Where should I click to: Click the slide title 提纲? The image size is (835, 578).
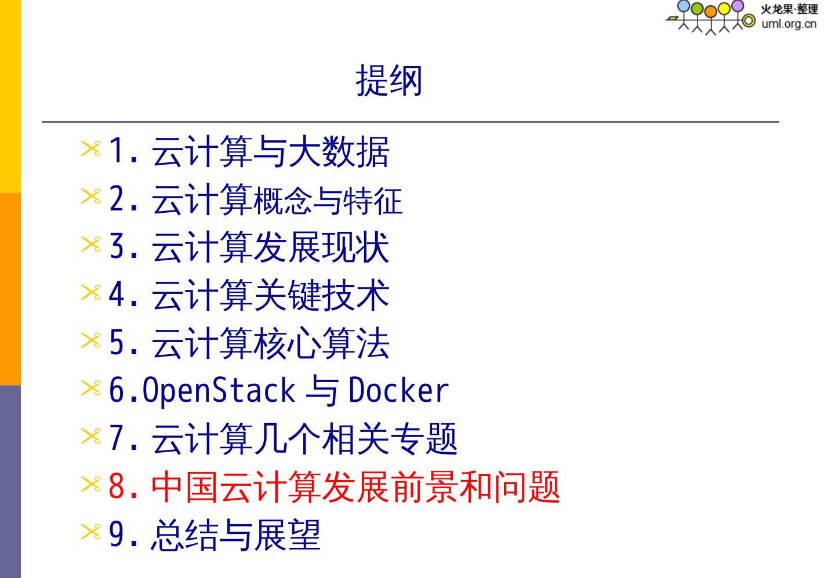[x=389, y=81]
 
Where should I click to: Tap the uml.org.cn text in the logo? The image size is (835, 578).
[x=789, y=24]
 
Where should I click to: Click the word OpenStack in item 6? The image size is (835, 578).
[x=219, y=390]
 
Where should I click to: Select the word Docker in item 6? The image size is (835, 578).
[x=398, y=390]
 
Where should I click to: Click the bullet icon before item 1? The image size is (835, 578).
[x=90, y=150]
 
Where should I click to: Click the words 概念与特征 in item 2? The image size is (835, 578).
[x=328, y=201]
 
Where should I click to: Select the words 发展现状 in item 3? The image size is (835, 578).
[x=321, y=248]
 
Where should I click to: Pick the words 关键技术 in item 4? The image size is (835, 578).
[x=321, y=296]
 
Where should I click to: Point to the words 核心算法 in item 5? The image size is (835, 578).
[x=321, y=343]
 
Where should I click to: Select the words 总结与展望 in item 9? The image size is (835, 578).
[x=235, y=535]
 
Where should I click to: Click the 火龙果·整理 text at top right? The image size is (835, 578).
[x=789, y=9]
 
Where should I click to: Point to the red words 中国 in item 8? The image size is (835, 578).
[x=184, y=486]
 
